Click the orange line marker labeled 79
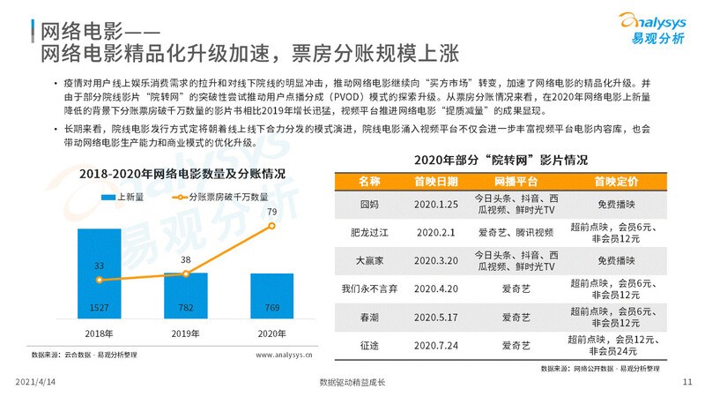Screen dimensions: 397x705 [x=272, y=227]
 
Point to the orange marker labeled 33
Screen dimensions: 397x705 [x=100, y=280]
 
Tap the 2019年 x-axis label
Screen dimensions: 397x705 [x=186, y=334]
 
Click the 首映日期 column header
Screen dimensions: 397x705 [x=435, y=182]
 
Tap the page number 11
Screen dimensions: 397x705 [x=688, y=382]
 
